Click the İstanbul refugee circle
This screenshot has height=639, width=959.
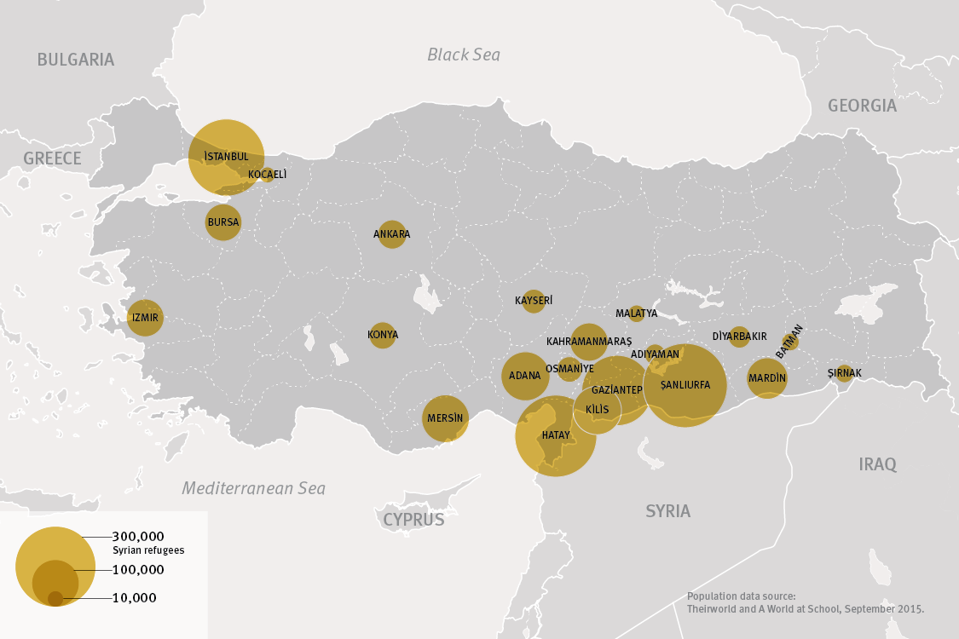point(226,157)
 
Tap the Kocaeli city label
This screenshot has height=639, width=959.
point(267,175)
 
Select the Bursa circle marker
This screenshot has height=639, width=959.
point(223,222)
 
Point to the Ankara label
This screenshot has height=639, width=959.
point(391,234)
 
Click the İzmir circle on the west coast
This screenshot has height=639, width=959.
point(145,318)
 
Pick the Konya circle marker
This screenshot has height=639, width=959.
point(383,335)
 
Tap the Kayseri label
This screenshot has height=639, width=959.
point(534,301)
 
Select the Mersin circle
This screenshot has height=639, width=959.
point(445,418)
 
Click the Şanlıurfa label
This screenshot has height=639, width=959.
point(685,385)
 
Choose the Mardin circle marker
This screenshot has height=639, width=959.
point(766,378)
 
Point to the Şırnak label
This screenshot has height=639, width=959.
point(845,373)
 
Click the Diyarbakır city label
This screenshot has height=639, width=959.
point(739,337)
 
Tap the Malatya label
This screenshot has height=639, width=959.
point(636,314)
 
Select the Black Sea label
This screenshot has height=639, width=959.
point(464,55)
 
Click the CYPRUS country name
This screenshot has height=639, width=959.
point(413,520)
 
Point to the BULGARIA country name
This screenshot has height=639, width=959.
point(75,60)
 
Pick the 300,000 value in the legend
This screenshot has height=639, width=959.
point(138,537)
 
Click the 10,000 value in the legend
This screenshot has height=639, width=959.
point(134,598)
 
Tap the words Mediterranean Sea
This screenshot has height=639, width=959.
point(253,489)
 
